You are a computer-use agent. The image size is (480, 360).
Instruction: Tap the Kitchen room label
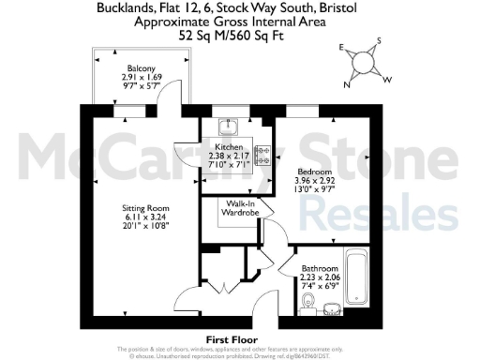[x=230, y=148]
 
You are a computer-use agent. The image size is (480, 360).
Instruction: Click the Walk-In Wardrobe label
[x=237, y=207]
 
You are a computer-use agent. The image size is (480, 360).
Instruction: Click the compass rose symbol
[x=362, y=64]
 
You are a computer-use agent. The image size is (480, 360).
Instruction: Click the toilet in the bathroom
[x=309, y=301]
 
